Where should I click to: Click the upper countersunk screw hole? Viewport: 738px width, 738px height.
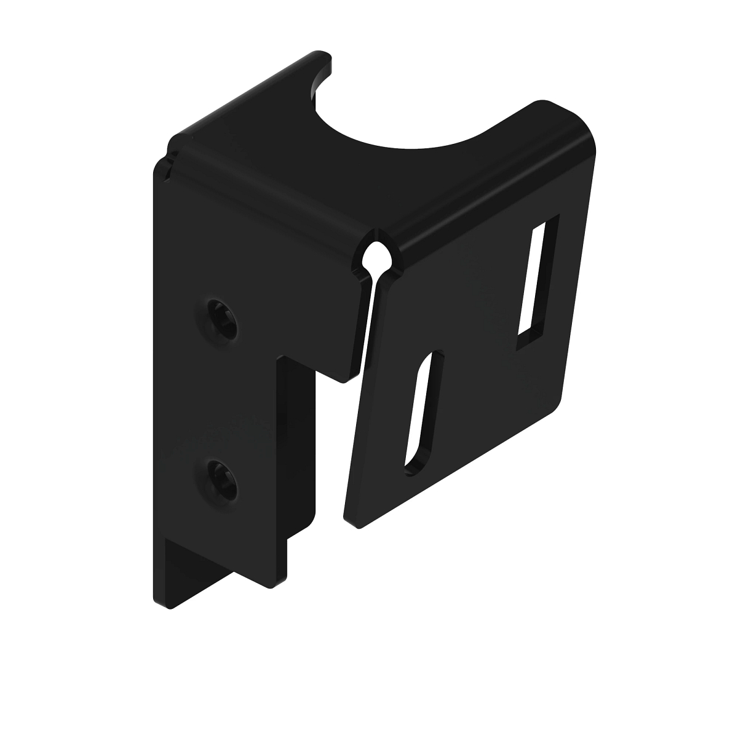pyautogui.click(x=222, y=319)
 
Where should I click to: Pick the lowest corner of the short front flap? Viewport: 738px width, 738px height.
pyautogui.click(x=343, y=380)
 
